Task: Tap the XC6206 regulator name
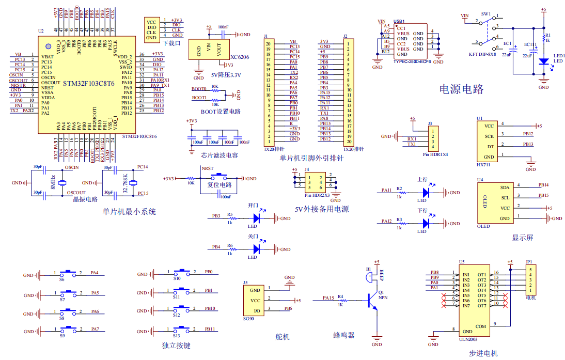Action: (x=240, y=57)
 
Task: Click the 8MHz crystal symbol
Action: (x=62, y=183)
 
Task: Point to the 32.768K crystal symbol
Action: (x=133, y=183)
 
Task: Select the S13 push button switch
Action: (x=184, y=329)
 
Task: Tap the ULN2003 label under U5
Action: (x=467, y=339)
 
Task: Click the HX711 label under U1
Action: (x=484, y=164)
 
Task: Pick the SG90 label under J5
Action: (x=249, y=319)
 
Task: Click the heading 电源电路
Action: (x=461, y=89)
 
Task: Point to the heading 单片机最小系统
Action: (x=129, y=211)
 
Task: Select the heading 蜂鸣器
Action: (x=344, y=335)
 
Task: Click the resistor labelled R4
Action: (x=340, y=300)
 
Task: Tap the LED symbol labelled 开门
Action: (x=255, y=218)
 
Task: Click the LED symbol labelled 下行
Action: (x=426, y=223)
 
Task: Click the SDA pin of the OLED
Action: (x=505, y=187)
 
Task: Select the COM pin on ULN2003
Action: (x=480, y=326)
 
